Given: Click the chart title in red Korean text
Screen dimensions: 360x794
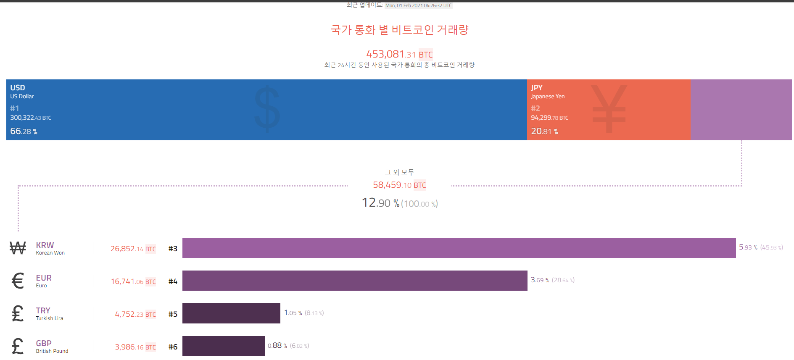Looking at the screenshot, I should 399,30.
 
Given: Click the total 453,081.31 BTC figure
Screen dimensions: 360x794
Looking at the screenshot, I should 399,54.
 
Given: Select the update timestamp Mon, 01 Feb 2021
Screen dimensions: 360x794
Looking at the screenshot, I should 418,5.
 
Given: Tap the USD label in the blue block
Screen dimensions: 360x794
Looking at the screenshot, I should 18,88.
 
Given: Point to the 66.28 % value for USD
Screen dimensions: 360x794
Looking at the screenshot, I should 24,131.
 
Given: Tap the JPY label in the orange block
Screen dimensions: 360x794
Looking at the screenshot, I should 536,88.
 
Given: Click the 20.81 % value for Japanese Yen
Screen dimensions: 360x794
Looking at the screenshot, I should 544,131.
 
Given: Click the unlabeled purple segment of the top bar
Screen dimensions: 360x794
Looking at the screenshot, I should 741,110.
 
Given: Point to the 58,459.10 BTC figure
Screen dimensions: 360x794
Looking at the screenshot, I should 399,185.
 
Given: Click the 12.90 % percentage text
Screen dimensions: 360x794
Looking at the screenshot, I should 380,203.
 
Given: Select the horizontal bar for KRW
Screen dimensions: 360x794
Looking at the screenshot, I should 459,248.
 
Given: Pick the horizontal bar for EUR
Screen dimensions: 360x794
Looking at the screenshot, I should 354,281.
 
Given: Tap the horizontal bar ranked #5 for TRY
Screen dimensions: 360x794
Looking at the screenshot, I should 231,313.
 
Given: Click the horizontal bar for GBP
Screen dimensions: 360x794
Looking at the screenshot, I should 223,346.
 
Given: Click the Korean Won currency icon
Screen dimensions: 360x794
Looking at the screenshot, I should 18,248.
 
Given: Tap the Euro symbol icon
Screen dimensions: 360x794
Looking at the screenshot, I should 18,281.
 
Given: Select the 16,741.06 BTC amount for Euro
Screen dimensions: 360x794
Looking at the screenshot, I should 133,281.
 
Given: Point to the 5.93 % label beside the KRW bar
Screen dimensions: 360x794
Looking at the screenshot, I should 748,247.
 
